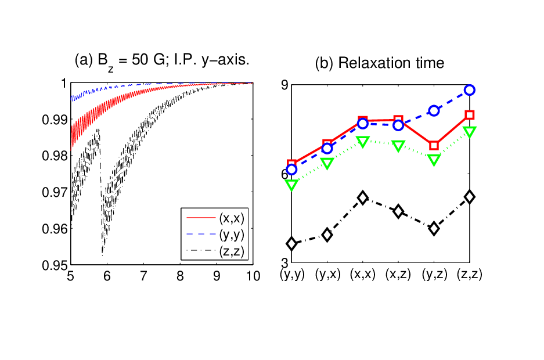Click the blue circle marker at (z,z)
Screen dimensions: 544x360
470,90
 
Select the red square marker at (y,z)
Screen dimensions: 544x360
434,146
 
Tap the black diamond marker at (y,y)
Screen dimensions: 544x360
292,244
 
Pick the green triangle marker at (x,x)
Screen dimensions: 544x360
363,142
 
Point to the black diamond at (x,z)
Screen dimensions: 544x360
398,211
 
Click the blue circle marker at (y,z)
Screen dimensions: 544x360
434,111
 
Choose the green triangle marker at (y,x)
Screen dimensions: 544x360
327,163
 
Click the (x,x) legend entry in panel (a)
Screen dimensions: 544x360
215,218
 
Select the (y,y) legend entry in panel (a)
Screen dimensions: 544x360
215,235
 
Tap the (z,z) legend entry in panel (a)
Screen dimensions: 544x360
215,251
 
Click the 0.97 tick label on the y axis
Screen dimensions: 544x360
55,192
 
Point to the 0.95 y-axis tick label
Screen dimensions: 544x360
55,265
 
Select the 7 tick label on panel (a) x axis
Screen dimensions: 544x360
143,276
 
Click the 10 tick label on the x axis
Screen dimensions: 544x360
253,276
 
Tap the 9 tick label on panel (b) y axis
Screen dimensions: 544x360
284,85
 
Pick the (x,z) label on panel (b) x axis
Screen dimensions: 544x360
398,274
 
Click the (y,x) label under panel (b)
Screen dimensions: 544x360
327,274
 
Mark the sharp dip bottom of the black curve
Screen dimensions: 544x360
102,255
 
